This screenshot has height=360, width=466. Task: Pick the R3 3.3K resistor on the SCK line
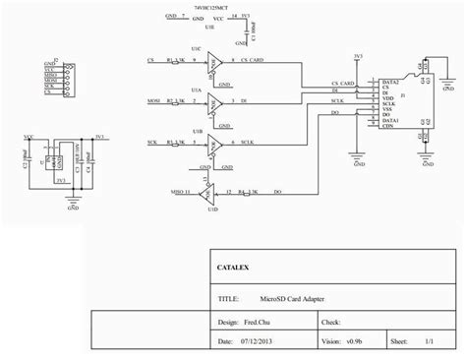177,143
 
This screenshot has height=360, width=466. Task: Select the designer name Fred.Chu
259,320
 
